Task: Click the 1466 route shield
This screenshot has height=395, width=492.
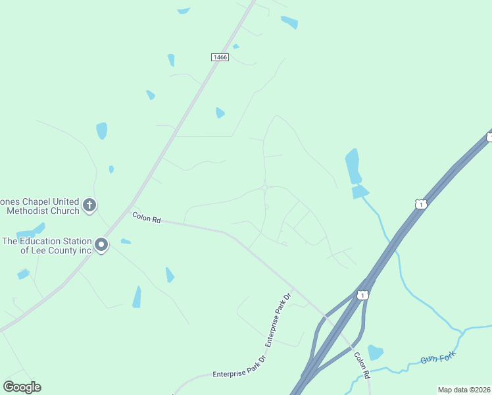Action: click(x=220, y=57)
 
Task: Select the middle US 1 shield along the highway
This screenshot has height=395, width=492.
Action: click(x=421, y=205)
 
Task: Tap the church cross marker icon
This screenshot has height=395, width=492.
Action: click(x=90, y=205)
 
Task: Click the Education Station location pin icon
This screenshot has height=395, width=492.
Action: click(x=101, y=245)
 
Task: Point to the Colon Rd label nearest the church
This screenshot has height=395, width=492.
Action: click(x=147, y=217)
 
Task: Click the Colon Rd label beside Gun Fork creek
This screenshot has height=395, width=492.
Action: click(x=361, y=364)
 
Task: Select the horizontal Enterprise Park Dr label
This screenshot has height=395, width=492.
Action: click(x=238, y=373)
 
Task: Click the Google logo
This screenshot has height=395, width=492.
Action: click(x=22, y=387)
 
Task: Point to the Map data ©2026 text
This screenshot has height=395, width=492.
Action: click(x=464, y=390)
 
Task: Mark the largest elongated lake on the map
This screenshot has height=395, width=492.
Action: click(x=353, y=167)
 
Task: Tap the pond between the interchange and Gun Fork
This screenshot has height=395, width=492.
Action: click(x=375, y=352)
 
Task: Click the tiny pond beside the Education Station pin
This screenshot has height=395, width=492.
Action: click(x=125, y=242)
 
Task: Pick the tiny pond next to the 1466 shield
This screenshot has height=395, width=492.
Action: click(x=235, y=47)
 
